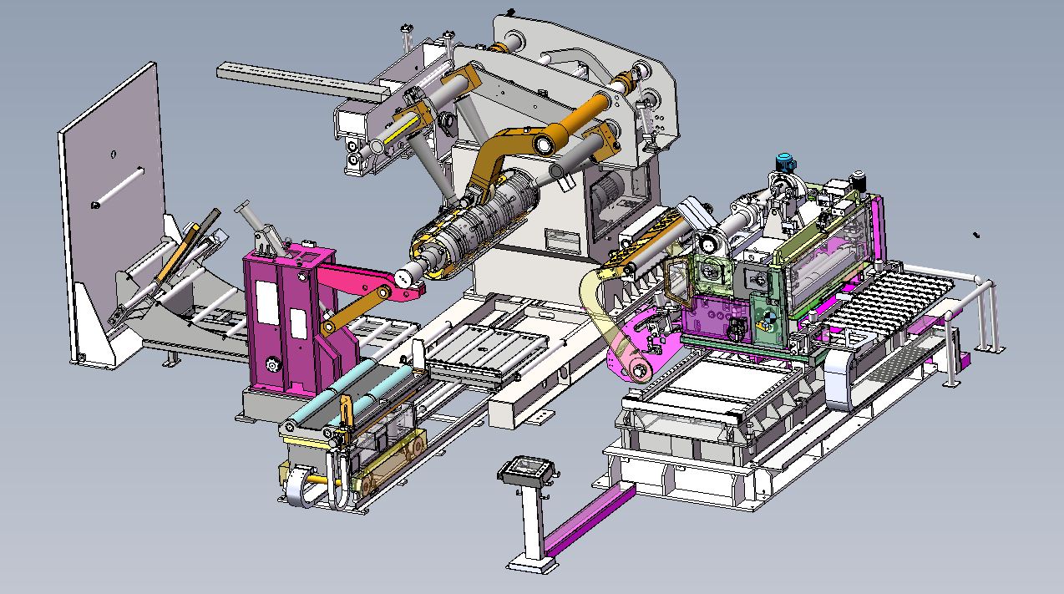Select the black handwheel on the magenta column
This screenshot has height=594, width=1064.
click(272, 366)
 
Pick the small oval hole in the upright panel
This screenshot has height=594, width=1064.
click(113, 154)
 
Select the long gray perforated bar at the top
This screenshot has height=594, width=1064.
click(292, 79)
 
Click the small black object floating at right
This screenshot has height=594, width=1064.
click(975, 236)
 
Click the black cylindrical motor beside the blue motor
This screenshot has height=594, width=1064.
click(857, 180)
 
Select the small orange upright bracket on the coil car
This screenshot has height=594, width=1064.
click(344, 414)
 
